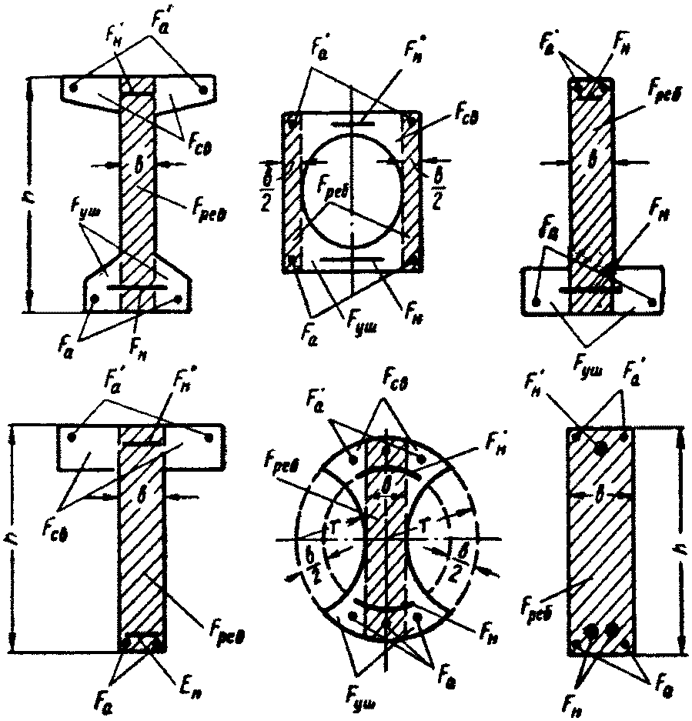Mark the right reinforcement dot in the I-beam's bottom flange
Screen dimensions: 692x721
click(x=179, y=298)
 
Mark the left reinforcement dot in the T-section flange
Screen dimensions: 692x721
click(x=72, y=436)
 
